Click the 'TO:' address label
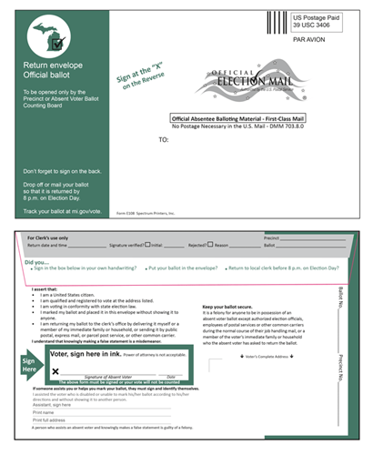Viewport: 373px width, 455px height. click(x=164, y=140)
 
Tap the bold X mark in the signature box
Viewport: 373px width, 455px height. click(x=55, y=370)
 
